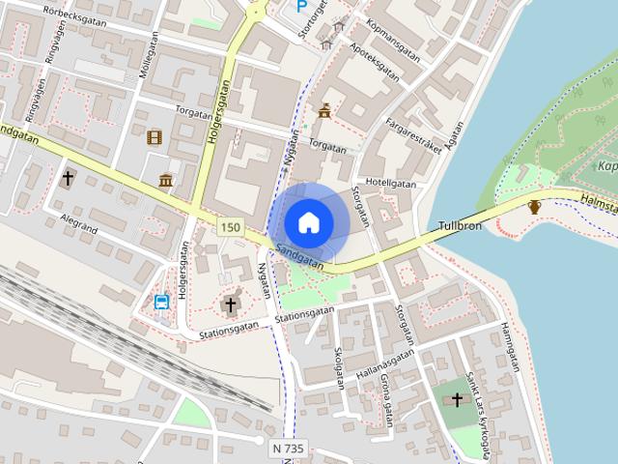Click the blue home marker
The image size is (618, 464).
[x=308, y=222]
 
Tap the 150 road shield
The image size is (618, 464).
[x=230, y=227]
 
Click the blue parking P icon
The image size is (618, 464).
[x=302, y=6]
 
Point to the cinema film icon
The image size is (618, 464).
[x=154, y=136]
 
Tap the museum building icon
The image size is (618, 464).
[x=166, y=180]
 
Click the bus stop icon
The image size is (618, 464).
[x=161, y=302]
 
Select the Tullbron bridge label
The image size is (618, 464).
[x=461, y=223]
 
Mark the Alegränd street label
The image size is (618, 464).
[x=80, y=219]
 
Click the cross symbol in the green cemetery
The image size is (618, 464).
[x=458, y=398]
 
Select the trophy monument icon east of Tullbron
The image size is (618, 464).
[x=534, y=206]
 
